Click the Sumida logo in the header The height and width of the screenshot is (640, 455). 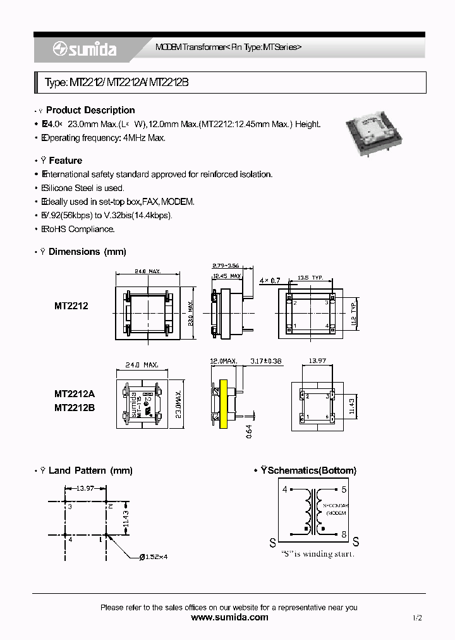[85, 49]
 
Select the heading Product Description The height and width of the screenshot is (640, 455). [90, 110]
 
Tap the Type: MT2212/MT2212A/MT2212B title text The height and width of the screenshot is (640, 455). [116, 83]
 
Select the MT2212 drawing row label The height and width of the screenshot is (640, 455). [71, 305]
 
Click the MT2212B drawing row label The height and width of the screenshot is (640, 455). [74, 409]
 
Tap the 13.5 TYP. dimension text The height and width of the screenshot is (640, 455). [310, 278]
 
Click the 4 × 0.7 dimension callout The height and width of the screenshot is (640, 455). [270, 280]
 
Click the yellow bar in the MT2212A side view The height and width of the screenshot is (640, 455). [222, 405]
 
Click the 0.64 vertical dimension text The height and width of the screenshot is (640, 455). [249, 431]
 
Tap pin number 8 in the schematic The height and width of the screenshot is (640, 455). [344, 535]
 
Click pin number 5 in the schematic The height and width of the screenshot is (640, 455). [344, 489]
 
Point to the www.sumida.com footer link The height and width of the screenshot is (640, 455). [229, 617]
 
